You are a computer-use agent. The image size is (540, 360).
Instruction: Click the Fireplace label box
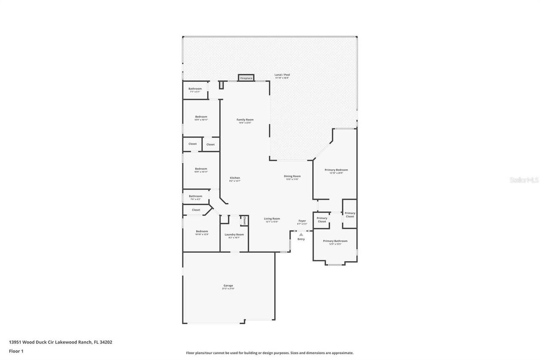246,78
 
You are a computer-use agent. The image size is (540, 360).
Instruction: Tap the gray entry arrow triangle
301,234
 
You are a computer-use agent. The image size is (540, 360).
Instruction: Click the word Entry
301,239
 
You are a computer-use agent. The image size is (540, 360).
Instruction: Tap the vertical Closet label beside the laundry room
244,220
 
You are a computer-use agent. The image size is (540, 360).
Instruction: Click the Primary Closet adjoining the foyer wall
322,219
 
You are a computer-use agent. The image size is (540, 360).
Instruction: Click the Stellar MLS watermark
524,180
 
